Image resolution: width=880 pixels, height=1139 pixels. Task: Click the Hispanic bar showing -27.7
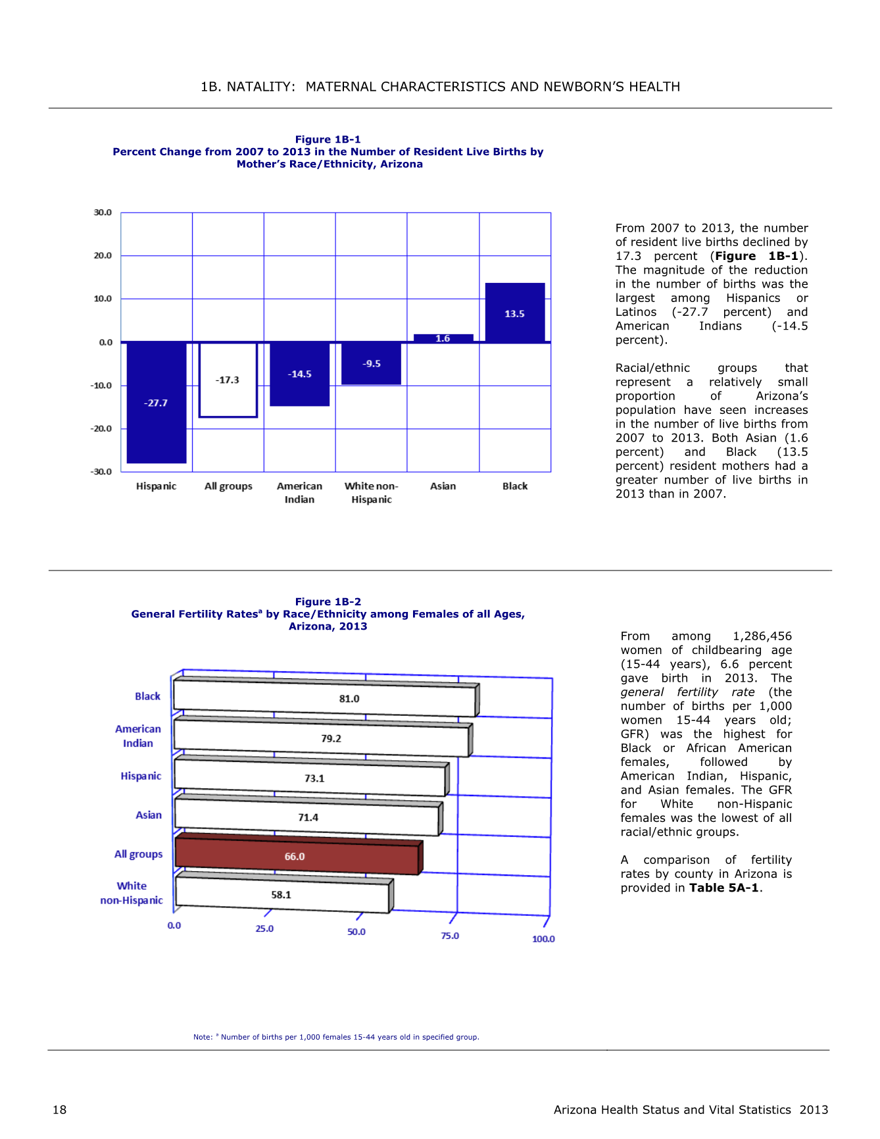157,403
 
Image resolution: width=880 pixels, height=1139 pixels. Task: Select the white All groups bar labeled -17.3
228,380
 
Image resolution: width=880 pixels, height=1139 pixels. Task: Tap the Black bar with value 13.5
515,313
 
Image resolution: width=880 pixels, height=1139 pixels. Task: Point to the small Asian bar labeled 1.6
443,338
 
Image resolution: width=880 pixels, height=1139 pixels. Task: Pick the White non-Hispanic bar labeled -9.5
371,363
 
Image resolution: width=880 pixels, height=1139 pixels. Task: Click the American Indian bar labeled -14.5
299,374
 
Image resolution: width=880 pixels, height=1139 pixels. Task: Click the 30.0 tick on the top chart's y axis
103,213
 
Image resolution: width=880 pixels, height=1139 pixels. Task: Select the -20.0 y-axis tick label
101,428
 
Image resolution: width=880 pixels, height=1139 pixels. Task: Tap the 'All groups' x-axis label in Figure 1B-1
228,486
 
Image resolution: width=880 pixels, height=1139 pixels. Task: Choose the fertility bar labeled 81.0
326,697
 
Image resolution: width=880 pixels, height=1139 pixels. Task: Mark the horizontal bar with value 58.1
283,894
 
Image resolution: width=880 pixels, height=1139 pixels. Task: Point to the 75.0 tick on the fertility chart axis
450,936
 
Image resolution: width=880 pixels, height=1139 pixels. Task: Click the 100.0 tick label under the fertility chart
543,939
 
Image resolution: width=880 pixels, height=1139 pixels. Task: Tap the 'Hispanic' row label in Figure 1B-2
141,776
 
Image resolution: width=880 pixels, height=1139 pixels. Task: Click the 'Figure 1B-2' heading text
328,601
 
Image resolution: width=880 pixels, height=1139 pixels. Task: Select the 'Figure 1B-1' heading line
328,139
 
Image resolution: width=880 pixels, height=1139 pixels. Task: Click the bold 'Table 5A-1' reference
724,888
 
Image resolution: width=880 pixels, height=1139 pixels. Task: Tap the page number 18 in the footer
60,1110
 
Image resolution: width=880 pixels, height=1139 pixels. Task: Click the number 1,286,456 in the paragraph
762,636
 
